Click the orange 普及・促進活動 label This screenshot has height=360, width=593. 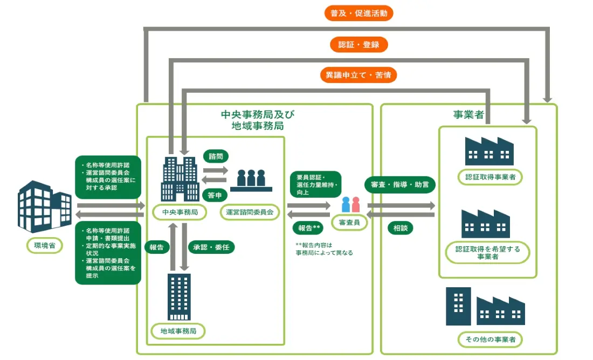pos(358,13)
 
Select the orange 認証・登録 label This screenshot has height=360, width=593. pos(358,44)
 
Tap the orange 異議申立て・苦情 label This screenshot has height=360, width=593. pos(358,75)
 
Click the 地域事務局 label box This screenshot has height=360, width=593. pos(178,330)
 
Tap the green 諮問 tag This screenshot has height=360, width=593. pos(216,156)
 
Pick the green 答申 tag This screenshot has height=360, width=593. pos(216,195)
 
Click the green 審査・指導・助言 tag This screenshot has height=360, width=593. pos(399,184)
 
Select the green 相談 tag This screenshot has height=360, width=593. pos(399,228)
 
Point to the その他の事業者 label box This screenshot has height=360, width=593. pos(490,340)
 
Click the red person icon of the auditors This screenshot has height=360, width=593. pos(356,204)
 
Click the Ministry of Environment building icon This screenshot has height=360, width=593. pos(44,205)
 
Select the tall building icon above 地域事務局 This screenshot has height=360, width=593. pos(178,296)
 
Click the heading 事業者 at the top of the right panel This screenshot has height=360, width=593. pos(468,115)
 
